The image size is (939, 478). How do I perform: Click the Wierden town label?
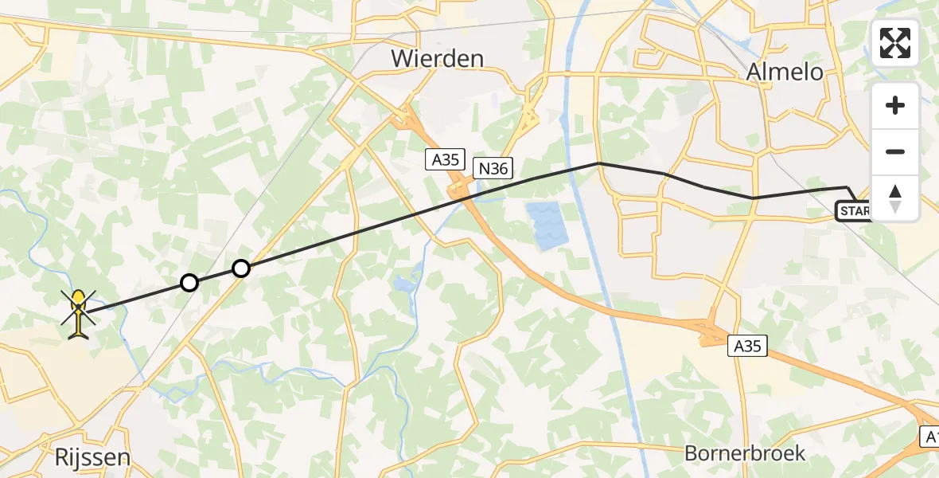pos(437,58)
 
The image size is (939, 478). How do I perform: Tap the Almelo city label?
pos(785,72)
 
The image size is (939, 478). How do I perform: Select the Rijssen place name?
pos(92,457)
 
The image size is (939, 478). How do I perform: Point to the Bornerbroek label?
pos(745,453)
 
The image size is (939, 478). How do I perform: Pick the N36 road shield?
pos(493,168)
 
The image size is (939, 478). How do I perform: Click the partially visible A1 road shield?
pos(929,436)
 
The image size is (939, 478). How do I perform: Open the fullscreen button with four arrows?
pos(895,43)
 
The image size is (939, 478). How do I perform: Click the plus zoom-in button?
pos(895,105)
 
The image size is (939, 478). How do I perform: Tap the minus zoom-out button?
pos(895,151)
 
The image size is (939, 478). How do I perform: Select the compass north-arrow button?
pos(895,198)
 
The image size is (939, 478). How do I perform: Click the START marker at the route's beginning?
pos(853,211)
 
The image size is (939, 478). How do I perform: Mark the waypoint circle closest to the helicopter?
pos(189,282)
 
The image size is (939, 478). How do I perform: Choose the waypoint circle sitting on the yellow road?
pos(241,268)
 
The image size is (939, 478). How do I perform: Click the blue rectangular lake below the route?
pos(547,224)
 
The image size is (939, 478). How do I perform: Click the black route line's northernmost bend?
pos(598,163)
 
